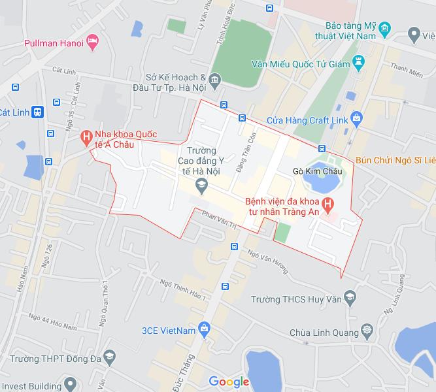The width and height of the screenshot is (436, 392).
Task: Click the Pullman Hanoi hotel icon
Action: pyautogui.click(x=93, y=44)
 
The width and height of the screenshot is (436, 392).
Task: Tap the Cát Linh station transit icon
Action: pyautogui.click(x=39, y=112)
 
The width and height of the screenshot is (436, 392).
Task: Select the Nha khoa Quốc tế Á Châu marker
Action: pyautogui.click(x=86, y=137)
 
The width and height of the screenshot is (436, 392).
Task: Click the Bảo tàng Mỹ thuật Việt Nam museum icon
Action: pyautogui.click(x=386, y=29)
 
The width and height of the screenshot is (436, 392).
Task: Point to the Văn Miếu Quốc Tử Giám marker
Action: pyautogui.click(x=358, y=63)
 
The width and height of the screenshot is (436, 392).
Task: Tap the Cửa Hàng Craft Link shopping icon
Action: pyautogui.click(x=356, y=118)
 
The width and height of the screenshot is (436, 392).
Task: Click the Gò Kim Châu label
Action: pyautogui.click(x=317, y=171)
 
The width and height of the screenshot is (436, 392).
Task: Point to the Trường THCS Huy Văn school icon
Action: pyautogui.click(x=350, y=299)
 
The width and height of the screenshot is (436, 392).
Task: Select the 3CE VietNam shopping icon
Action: pyautogui.click(x=205, y=328)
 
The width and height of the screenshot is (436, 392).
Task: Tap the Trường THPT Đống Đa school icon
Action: pyautogui.click(x=109, y=357)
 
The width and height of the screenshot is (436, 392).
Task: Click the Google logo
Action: pyautogui.click(x=229, y=382)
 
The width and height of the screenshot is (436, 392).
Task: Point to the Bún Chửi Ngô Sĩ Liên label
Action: pyautogui.click(x=395, y=160)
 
